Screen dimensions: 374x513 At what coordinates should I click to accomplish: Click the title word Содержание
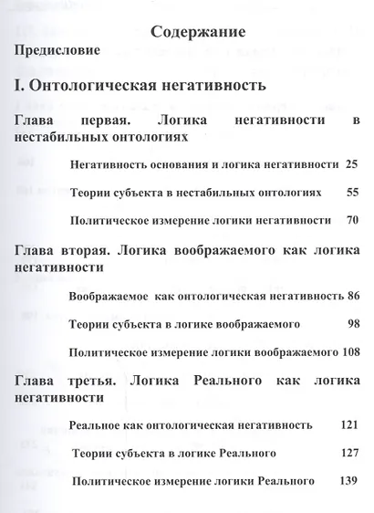[196, 30]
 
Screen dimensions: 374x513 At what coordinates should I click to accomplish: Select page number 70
[352, 220]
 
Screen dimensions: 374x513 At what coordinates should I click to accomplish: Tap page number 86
[352, 296]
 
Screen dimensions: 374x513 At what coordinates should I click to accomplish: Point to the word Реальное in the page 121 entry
[96, 425]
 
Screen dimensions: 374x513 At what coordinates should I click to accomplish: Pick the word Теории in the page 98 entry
[89, 323]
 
